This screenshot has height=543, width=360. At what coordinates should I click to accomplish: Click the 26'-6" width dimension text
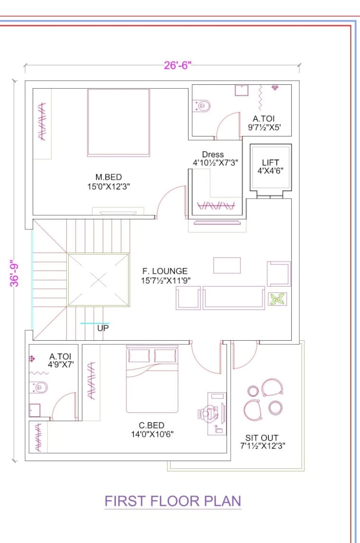176,65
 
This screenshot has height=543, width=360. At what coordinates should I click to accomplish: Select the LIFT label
270,163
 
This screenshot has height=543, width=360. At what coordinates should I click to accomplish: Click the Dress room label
213,154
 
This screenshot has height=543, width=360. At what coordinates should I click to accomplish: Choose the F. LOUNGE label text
165,271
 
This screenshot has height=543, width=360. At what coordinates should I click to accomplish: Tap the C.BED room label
152,425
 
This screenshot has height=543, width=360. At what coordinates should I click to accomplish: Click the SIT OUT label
262,438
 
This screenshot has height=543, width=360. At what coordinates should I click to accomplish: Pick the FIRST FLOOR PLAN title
172,501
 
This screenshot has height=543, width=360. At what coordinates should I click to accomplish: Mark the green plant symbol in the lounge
277,299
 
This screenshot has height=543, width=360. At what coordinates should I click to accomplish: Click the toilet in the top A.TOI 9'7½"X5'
202,106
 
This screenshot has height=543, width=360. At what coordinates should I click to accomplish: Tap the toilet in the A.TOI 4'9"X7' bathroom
40,387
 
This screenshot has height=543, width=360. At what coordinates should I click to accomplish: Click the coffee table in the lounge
226,265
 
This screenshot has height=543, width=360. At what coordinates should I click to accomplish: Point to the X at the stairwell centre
98,280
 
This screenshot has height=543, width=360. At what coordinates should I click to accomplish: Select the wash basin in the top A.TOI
242,90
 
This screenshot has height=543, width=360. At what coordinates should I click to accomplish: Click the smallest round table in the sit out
253,390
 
